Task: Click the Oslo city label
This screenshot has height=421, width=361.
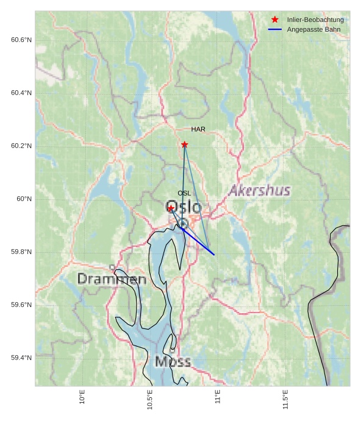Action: point(184,207)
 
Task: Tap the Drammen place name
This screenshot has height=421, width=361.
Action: point(112,279)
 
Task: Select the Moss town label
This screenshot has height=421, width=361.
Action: point(173,362)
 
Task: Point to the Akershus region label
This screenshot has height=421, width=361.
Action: point(259,191)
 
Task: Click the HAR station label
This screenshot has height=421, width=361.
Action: point(198,129)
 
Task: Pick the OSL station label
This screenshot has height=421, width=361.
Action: point(184,193)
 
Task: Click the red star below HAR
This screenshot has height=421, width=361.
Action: point(184,144)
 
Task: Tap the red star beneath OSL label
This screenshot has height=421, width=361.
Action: point(171,208)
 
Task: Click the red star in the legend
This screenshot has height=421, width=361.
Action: point(275,19)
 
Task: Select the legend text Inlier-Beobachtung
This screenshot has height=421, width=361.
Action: point(315,19)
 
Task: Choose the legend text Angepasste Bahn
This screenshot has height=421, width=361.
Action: point(313,29)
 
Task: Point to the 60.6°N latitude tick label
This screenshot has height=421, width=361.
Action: point(21,40)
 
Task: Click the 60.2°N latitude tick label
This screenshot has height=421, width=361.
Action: point(21,146)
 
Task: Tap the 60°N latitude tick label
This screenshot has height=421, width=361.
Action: point(24,199)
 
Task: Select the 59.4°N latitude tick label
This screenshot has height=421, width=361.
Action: point(21,358)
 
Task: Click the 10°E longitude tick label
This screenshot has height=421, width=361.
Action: point(82,397)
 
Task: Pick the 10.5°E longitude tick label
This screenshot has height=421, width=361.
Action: point(150,400)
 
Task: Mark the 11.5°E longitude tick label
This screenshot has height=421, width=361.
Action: point(285,400)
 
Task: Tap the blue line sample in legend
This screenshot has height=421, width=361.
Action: point(275,29)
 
